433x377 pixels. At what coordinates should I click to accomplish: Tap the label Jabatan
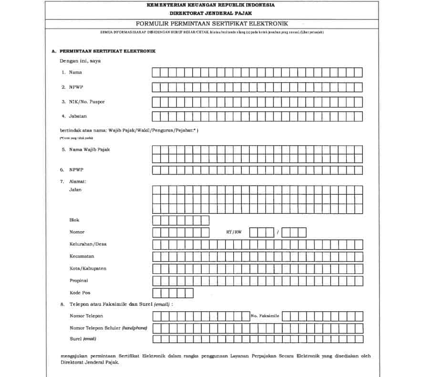click(78, 116)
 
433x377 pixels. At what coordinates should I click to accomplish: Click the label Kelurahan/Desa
click(88, 244)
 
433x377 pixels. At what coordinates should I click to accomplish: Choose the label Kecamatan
click(82, 256)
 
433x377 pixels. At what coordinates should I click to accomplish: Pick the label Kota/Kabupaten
click(88, 268)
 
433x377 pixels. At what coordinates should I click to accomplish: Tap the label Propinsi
click(79, 281)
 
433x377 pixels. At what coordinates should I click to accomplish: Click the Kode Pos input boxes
click(173, 293)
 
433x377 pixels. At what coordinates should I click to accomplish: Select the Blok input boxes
click(181, 220)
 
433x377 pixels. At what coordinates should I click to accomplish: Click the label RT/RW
click(234, 232)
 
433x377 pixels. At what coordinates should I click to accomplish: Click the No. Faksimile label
click(265, 316)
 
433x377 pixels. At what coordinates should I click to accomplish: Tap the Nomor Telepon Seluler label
click(108, 328)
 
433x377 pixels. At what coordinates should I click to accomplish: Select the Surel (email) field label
click(83, 339)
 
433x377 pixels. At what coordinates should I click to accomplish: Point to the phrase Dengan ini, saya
click(80, 61)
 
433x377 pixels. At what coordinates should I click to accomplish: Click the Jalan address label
click(75, 189)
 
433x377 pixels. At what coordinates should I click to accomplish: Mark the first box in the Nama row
click(156, 73)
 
